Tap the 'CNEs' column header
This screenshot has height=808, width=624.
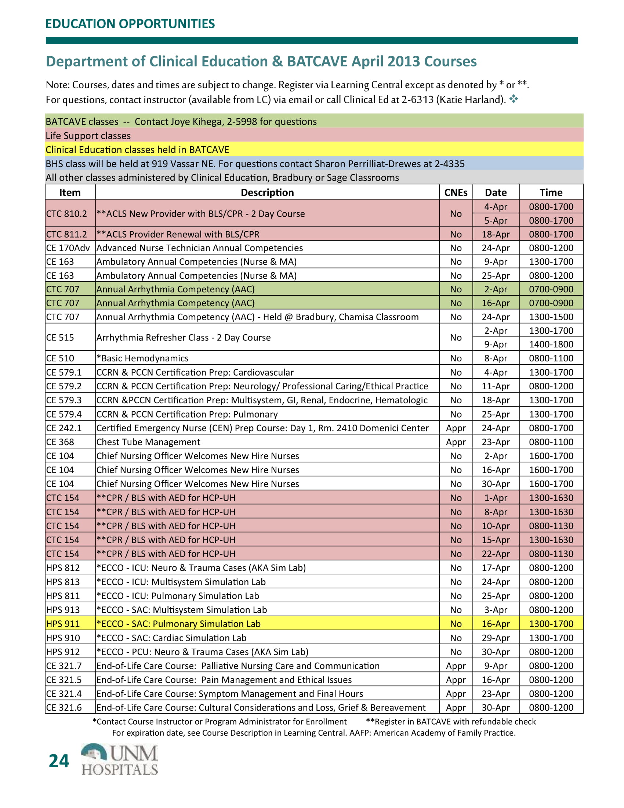456,192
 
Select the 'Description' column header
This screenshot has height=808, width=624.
267,192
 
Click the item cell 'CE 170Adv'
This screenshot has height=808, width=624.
68,248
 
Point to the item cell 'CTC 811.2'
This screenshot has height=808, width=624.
66,234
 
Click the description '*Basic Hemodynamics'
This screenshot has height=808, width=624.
142,358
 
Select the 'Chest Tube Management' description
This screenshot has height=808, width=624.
148,442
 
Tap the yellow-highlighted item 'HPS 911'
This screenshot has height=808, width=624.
63,624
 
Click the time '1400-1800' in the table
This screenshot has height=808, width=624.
551,344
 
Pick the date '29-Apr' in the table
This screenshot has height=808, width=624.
496,638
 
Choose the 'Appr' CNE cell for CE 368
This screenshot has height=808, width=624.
456,442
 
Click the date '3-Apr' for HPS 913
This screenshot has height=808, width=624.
496,610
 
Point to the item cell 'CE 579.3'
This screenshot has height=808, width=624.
64,400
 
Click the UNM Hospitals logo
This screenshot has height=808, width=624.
119,760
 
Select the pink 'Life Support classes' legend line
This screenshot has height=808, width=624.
88,136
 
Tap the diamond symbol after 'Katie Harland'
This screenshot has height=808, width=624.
514,99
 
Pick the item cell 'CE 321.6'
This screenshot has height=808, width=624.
64,707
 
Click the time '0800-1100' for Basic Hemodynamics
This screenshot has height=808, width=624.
551,358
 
